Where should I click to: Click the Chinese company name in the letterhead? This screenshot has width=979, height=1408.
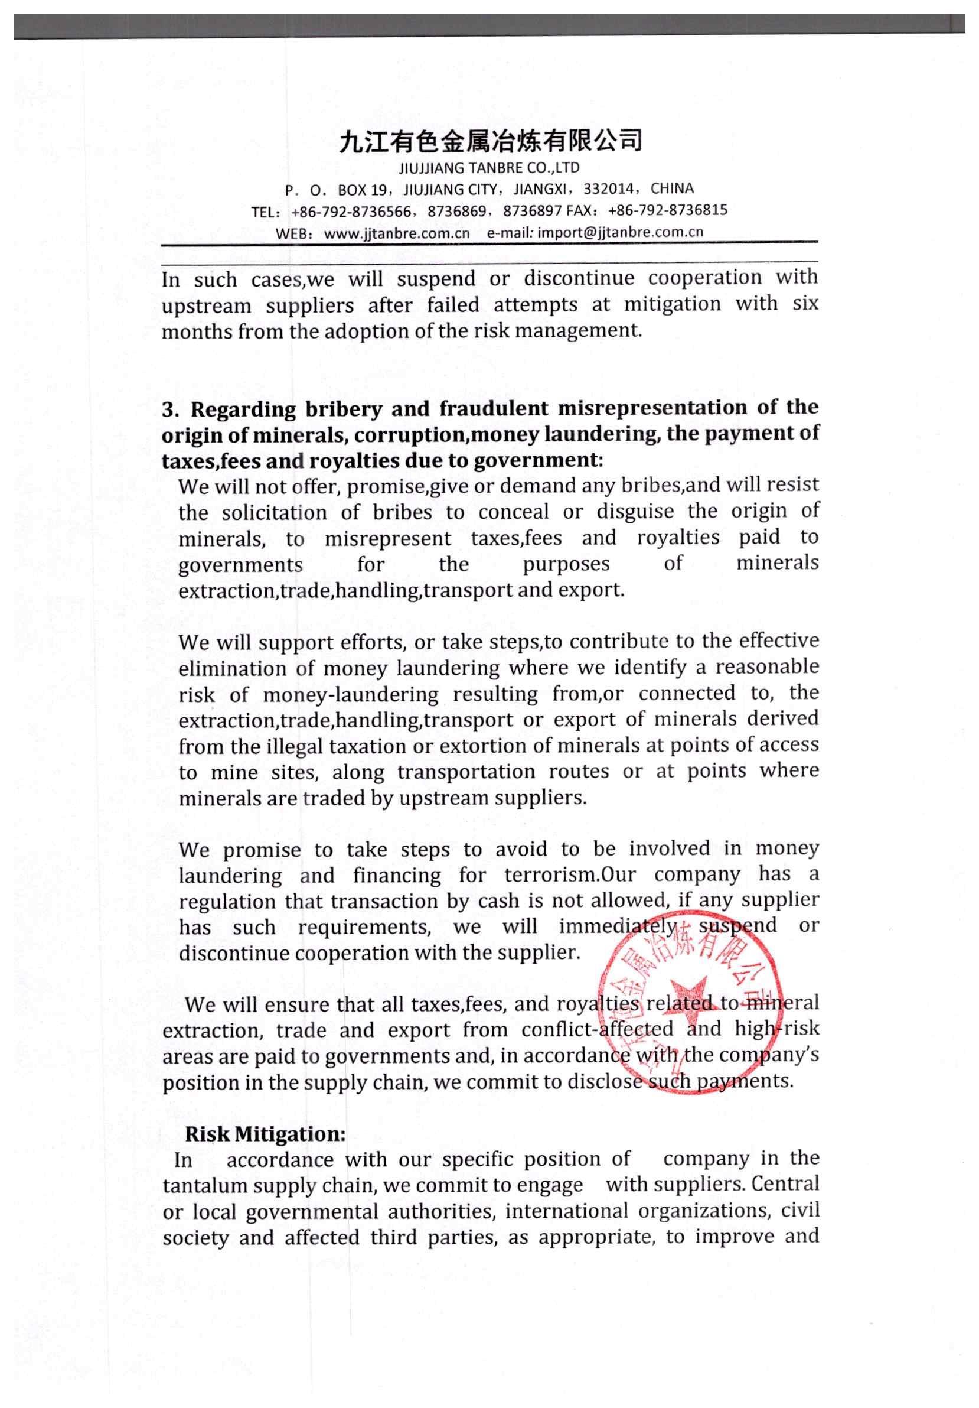click(x=490, y=141)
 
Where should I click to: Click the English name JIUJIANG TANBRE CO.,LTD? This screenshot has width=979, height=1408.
click(x=488, y=168)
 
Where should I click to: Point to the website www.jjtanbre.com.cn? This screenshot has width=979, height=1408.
click(x=396, y=233)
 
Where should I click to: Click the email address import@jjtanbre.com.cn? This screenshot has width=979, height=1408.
click(x=620, y=232)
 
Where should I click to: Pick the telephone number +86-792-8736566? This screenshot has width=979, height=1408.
click(x=351, y=212)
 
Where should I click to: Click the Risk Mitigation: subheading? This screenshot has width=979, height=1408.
click(x=265, y=1134)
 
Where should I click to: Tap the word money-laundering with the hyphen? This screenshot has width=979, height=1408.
click(x=351, y=694)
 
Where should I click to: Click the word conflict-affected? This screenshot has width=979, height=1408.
click(x=597, y=1029)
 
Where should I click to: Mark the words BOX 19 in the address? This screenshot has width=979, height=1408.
click(x=362, y=190)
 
